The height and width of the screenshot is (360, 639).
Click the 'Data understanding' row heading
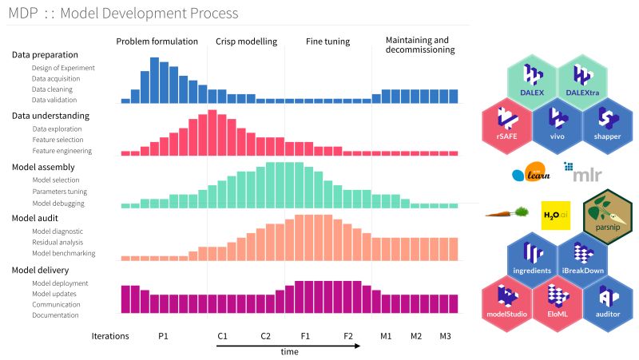(x=50, y=116)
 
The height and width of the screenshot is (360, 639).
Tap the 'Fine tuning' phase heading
(x=327, y=42)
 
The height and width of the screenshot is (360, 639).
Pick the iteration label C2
(x=266, y=336)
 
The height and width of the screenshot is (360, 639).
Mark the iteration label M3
(x=445, y=336)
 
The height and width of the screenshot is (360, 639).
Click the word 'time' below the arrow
(x=290, y=352)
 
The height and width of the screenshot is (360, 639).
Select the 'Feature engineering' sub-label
(x=62, y=150)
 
